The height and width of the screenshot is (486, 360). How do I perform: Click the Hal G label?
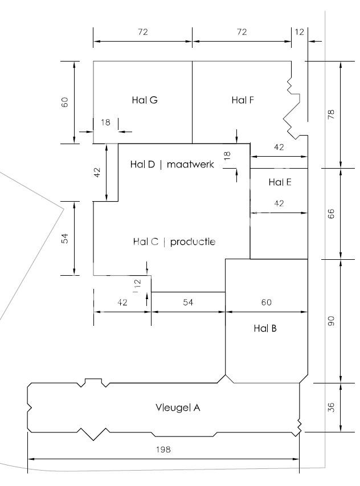tap(145, 100)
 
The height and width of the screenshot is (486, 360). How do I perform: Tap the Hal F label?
tap(243, 100)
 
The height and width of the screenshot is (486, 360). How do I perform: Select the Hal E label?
tap(280, 182)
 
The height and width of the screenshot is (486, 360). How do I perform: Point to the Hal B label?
tap(265, 328)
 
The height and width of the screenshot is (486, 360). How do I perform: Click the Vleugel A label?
tap(178, 407)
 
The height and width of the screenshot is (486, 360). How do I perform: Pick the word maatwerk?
tap(190, 164)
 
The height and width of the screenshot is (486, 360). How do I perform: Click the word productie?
tap(193, 242)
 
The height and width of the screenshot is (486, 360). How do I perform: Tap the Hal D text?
tap(142, 164)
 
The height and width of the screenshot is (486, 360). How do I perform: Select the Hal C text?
tap(146, 242)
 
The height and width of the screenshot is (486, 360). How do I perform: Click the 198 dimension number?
tap(163, 450)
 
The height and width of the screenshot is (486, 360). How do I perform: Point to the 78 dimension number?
tap(331, 115)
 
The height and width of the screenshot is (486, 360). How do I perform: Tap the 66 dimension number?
tap(331, 214)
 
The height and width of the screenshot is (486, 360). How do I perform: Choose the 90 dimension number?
tap(331, 321)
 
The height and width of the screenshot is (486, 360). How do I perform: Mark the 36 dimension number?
tap(331, 407)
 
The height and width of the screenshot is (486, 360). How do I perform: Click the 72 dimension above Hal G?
tap(143, 32)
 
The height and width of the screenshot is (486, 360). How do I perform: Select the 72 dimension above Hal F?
tap(242, 32)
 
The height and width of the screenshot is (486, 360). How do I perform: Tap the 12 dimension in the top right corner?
tap(299, 32)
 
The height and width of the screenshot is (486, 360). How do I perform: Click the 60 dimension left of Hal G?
tap(65, 102)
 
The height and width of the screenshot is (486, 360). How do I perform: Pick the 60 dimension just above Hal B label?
tap(267, 302)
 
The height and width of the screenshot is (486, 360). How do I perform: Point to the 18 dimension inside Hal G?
tap(105, 122)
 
